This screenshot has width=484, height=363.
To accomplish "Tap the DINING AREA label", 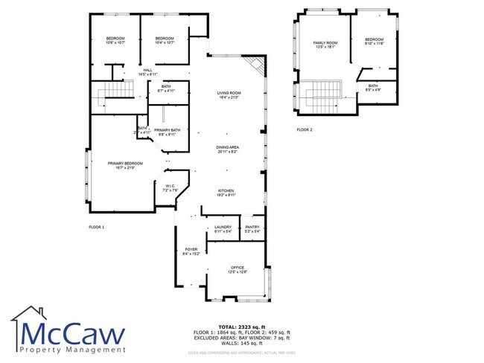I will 227,148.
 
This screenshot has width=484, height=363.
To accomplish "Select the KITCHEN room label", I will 226,191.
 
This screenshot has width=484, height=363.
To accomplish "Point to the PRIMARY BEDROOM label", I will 124,163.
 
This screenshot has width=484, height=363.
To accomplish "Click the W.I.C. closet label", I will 170,187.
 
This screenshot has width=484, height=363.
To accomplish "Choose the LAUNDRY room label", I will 223,227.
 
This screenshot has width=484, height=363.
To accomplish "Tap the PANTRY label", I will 252,227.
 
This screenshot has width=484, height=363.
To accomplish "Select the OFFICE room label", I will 238,268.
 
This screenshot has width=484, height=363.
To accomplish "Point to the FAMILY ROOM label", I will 325,43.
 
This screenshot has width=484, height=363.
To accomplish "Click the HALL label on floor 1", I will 147,71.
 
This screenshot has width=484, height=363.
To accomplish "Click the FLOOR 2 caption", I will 304,129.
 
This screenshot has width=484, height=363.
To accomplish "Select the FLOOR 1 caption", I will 96,226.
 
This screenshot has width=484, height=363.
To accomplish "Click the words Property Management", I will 74,349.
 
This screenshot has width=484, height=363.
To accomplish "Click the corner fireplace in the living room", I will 257,65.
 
